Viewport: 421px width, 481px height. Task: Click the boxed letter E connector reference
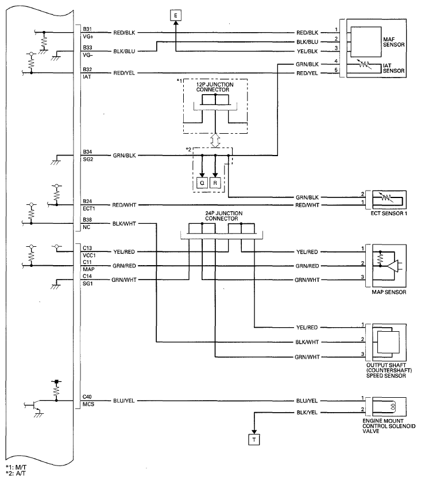tap(176, 15)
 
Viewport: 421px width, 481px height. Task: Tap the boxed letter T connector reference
tap(254, 440)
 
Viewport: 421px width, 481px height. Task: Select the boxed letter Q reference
tap(202, 183)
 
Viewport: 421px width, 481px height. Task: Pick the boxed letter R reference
tap(215, 183)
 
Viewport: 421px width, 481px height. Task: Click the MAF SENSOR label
tap(393, 42)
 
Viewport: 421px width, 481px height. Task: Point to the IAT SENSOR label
tap(393, 68)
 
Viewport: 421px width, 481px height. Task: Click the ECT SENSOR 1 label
tap(389, 213)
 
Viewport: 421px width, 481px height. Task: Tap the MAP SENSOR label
tap(389, 292)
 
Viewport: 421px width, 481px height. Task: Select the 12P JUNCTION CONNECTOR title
tap(215, 87)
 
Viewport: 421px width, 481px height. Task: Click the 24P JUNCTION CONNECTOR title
tap(223, 216)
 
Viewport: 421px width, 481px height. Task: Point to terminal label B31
tap(87, 29)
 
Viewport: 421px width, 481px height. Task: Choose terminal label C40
tap(87, 397)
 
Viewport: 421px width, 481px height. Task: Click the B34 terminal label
tap(87, 152)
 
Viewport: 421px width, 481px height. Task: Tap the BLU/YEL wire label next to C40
tap(123, 401)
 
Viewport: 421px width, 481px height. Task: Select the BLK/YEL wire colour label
tap(307, 412)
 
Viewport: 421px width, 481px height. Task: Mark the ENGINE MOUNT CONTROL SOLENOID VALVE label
tap(389, 426)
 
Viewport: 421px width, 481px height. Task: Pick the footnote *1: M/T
tap(16, 467)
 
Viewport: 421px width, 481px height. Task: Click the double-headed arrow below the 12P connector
tap(215, 141)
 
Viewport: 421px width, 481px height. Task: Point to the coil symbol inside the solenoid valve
tap(392, 406)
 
